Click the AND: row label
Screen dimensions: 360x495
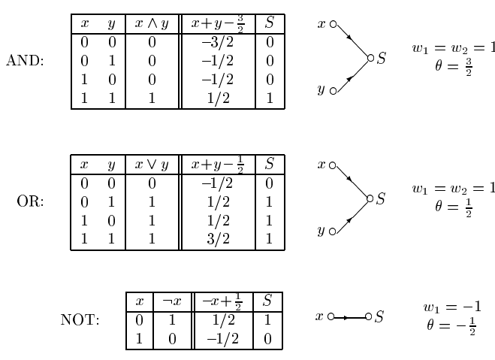click(25, 61)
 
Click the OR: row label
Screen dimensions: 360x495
click(30, 201)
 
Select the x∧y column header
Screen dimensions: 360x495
click(152, 24)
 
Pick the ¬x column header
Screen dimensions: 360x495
click(172, 301)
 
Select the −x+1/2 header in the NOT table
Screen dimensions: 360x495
click(222, 301)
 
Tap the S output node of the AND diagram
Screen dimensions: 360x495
click(370, 58)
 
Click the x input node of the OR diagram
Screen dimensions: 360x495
click(333, 164)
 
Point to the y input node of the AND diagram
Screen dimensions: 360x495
click(333, 92)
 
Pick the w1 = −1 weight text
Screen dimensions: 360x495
click(452, 307)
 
